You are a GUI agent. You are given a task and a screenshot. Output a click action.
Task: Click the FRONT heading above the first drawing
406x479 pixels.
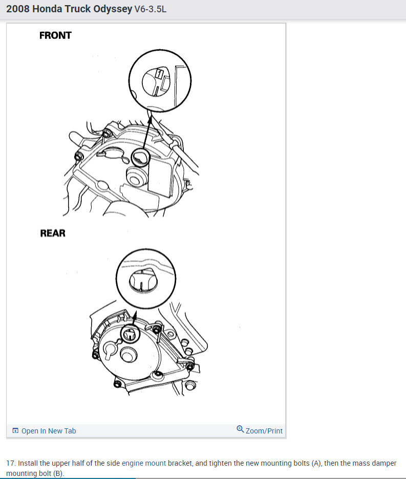(55, 36)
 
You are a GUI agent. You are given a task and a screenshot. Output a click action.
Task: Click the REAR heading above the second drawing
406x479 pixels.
(53, 233)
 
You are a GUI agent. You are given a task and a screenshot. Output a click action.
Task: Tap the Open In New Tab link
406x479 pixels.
(49, 431)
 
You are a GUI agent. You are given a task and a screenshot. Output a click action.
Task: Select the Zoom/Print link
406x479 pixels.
(264, 431)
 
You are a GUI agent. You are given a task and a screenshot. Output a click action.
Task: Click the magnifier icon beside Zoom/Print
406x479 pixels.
(240, 429)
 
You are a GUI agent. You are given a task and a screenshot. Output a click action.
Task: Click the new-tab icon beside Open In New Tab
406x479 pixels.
(15, 431)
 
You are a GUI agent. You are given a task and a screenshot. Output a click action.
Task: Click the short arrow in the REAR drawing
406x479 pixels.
(135, 317)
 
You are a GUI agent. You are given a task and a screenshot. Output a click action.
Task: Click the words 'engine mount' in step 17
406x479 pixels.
(144, 463)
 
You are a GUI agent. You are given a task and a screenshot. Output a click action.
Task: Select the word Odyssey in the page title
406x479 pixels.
(108, 9)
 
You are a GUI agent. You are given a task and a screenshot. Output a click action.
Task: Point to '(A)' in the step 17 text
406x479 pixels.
(316, 463)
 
